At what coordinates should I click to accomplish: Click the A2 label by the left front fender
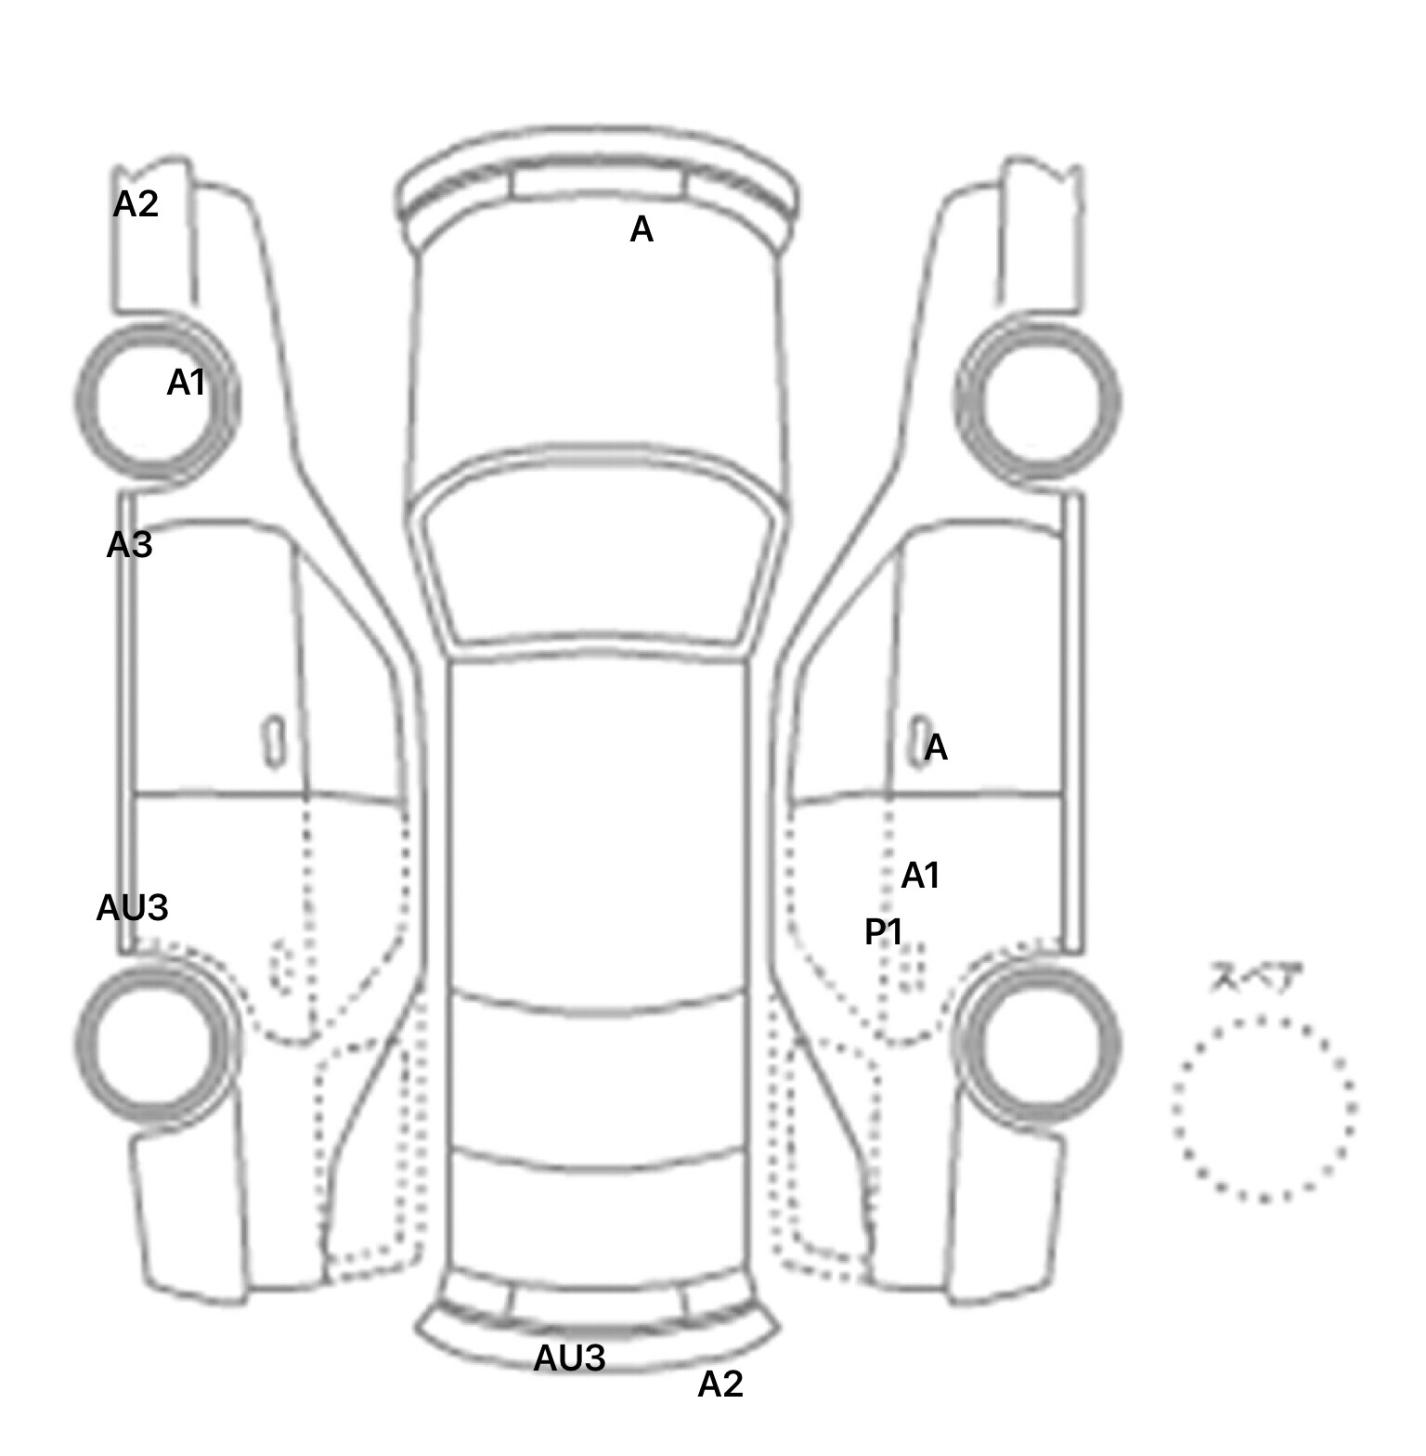(136, 204)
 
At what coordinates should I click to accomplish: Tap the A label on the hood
(642, 229)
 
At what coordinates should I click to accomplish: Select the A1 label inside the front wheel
(186, 383)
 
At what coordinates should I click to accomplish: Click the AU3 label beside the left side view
(132, 908)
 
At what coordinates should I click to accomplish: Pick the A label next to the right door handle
(936, 747)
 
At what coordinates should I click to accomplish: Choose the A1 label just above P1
(921, 876)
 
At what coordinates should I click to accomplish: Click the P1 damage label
(883, 932)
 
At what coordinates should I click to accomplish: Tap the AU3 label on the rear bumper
(569, 1358)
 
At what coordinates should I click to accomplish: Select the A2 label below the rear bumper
(720, 1384)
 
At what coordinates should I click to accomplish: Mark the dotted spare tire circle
(1264, 1109)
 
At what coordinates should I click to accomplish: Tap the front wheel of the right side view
(1038, 401)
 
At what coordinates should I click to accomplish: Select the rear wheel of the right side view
(1038, 1042)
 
